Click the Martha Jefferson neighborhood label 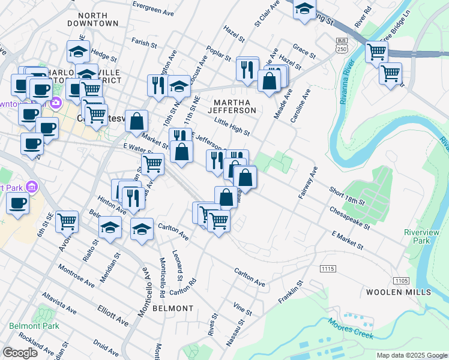[x=232, y=106]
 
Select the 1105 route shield [x=400, y=281]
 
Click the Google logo [x=20, y=352]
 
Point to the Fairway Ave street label [x=307, y=185]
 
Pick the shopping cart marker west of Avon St [x=67, y=221]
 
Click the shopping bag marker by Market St [x=137, y=121]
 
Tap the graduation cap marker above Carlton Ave [x=142, y=230]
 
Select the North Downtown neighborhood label [x=93, y=19]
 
